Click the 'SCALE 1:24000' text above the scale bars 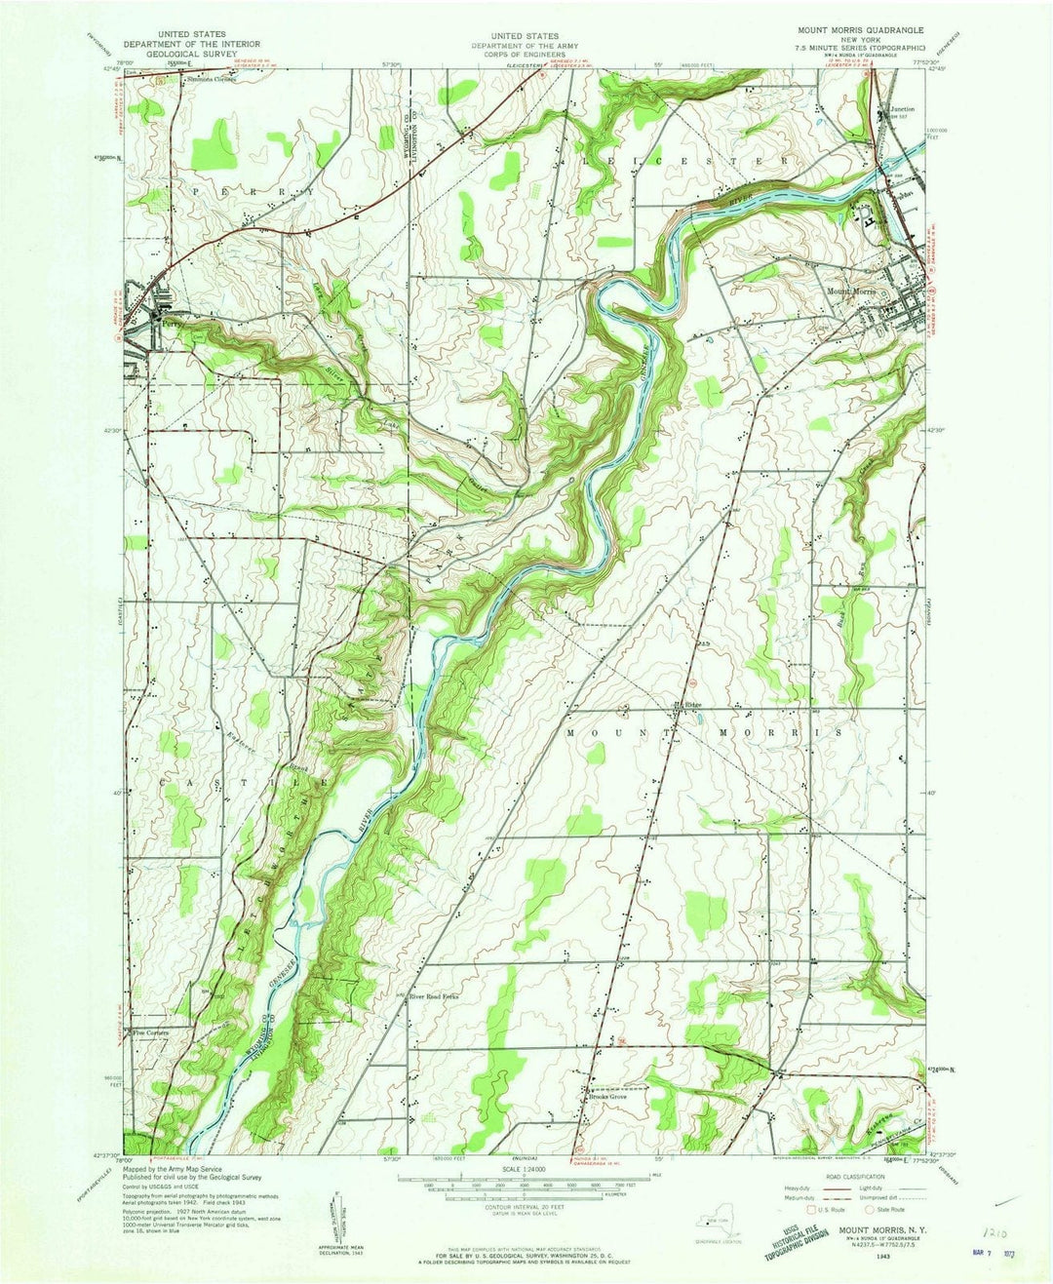(525, 1169)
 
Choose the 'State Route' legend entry (886, 1210)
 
